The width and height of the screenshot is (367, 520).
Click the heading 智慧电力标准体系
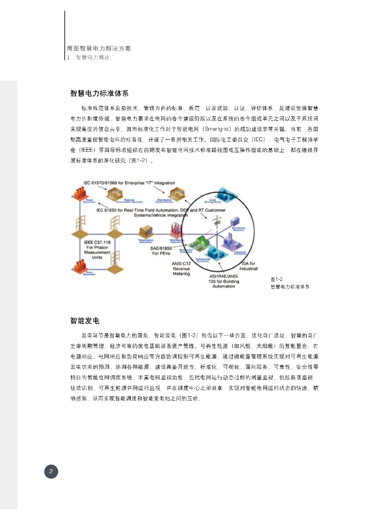click(x=99, y=93)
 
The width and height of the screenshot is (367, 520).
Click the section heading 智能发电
click(x=85, y=320)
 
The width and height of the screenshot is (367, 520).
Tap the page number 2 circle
click(x=51, y=472)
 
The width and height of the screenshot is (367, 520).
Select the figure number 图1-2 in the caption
click(x=276, y=279)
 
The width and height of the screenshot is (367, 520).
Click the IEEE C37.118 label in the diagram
click(x=97, y=242)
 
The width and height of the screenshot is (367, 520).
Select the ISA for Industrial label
click(x=249, y=266)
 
